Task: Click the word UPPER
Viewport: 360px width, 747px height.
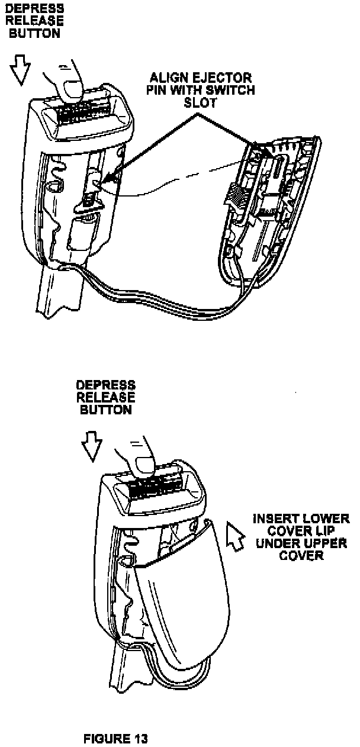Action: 324,543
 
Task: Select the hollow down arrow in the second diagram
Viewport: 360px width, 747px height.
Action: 91,447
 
